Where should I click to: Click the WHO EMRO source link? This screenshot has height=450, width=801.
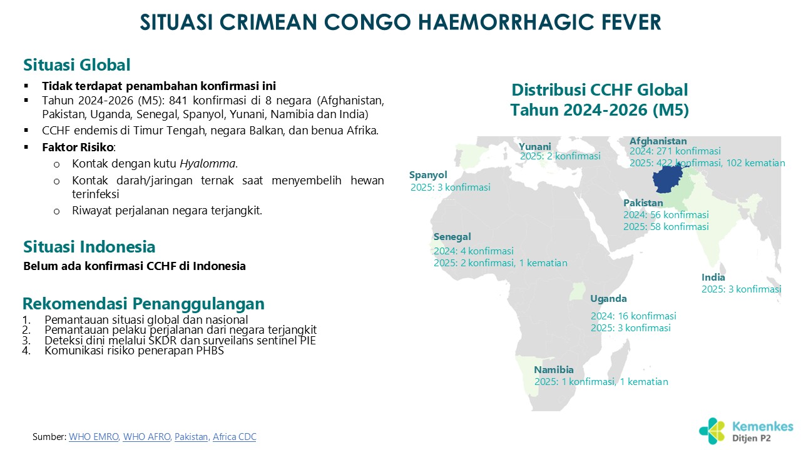[94, 437]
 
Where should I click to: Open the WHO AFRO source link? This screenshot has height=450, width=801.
[146, 437]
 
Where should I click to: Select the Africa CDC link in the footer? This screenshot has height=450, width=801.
[235, 437]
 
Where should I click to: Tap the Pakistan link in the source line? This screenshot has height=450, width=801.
[191, 437]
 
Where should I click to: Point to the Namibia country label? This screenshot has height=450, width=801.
[554, 369]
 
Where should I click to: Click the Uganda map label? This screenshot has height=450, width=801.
[608, 299]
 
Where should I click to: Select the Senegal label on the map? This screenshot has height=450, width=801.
[452, 237]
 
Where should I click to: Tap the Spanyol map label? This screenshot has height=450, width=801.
[428, 175]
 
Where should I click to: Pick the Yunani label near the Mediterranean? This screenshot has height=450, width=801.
[535, 146]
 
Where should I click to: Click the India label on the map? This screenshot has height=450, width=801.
[713, 277]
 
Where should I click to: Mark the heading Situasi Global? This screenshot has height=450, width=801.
[77, 65]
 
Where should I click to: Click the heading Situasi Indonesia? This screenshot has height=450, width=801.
[89, 247]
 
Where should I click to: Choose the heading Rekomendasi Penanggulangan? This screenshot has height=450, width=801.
[143, 304]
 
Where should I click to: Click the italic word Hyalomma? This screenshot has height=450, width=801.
[207, 164]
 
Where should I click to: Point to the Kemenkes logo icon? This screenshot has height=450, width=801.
[712, 431]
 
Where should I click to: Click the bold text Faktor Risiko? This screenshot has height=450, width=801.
[78, 147]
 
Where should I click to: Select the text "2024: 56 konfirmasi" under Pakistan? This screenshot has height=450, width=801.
[666, 215]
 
